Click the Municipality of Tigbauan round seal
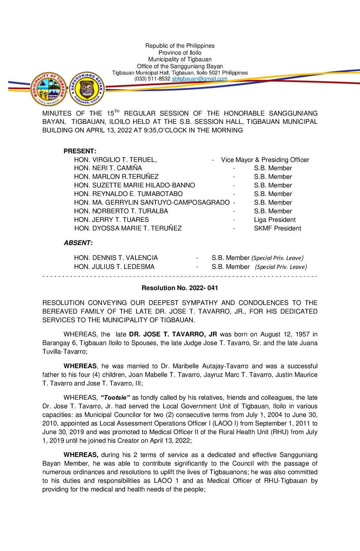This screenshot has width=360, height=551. point(49,89)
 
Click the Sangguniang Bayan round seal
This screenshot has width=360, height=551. point(87,89)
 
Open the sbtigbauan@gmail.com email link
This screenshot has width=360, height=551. point(200,79)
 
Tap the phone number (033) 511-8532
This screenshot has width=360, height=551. point(152,79)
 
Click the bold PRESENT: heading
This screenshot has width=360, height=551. point(80,151)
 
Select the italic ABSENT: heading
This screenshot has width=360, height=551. point(78,243)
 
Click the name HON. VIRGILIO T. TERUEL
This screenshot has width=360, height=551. point(115,160)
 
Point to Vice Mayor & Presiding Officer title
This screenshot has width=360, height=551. point(265,160)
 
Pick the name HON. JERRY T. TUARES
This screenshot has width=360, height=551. point(111,220)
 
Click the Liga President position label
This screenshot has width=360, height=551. point(275,220)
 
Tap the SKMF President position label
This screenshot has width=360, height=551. point(277,228)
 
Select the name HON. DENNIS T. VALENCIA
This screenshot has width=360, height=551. point(116,258)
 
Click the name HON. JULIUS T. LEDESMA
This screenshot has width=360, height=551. point(114,267)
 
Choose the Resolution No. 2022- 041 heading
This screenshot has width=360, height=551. point(180,288)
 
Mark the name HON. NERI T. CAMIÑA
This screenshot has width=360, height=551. point(108,168)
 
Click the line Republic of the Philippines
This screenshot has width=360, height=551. point(180,46)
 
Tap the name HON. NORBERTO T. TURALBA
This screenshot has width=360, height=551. point(121,211)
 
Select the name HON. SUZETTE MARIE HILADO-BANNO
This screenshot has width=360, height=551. point(134,185)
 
